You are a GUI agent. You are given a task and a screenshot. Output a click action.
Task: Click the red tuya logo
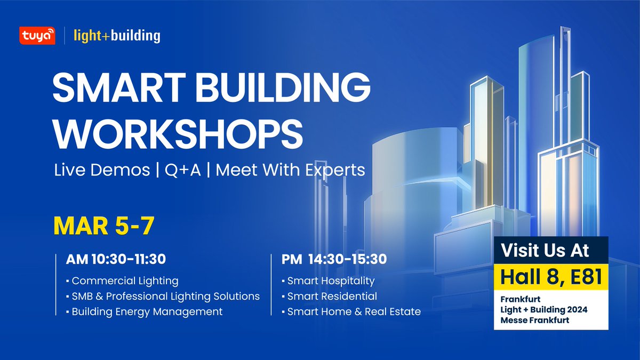(x=37, y=35)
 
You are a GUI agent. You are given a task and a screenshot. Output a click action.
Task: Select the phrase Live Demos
(x=102, y=170)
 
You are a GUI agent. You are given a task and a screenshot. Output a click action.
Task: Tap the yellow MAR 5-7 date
(x=104, y=226)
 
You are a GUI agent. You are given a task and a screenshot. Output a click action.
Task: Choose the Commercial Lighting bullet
(x=125, y=281)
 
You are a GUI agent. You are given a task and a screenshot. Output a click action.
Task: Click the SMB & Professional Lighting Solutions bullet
(x=165, y=296)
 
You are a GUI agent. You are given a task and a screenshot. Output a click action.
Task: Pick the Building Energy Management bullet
(x=147, y=311)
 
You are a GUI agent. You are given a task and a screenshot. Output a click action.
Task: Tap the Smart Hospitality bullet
(x=331, y=281)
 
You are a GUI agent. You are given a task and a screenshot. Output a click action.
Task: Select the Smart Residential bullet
(x=332, y=296)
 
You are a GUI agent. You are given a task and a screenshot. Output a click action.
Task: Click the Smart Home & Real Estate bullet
(x=354, y=311)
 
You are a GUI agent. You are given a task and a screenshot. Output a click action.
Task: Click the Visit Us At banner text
(x=551, y=251)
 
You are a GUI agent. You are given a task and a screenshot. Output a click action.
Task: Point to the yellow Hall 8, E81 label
(x=551, y=277)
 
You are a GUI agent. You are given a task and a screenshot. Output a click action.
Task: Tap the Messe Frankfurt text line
(x=535, y=319)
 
